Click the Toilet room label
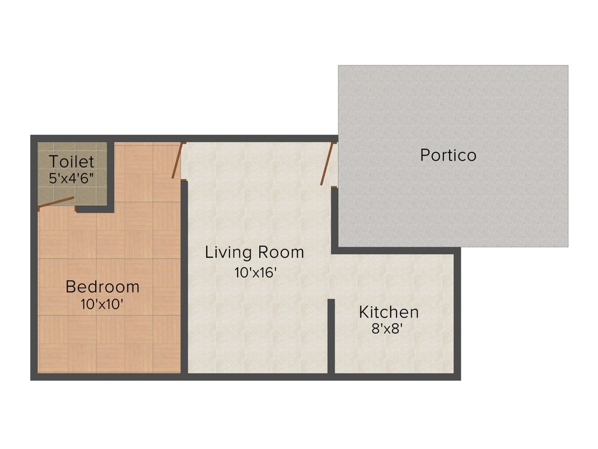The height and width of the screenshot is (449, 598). (x=71, y=161)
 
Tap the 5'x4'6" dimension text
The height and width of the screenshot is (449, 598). (x=71, y=178)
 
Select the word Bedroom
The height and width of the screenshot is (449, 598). (x=102, y=287)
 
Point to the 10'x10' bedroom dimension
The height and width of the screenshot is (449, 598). (x=102, y=304)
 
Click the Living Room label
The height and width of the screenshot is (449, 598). (x=254, y=253)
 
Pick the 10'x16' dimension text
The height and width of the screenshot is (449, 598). (x=255, y=272)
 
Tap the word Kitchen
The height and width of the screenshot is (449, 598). (x=388, y=312)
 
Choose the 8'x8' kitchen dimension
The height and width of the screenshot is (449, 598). (x=388, y=329)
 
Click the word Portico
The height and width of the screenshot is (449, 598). (x=448, y=156)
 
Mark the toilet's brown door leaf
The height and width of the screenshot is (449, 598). (x=56, y=202)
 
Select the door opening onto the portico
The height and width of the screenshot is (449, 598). (x=327, y=164)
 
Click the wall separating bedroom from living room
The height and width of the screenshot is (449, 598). (x=184, y=275)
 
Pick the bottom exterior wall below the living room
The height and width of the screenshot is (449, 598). (x=257, y=377)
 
